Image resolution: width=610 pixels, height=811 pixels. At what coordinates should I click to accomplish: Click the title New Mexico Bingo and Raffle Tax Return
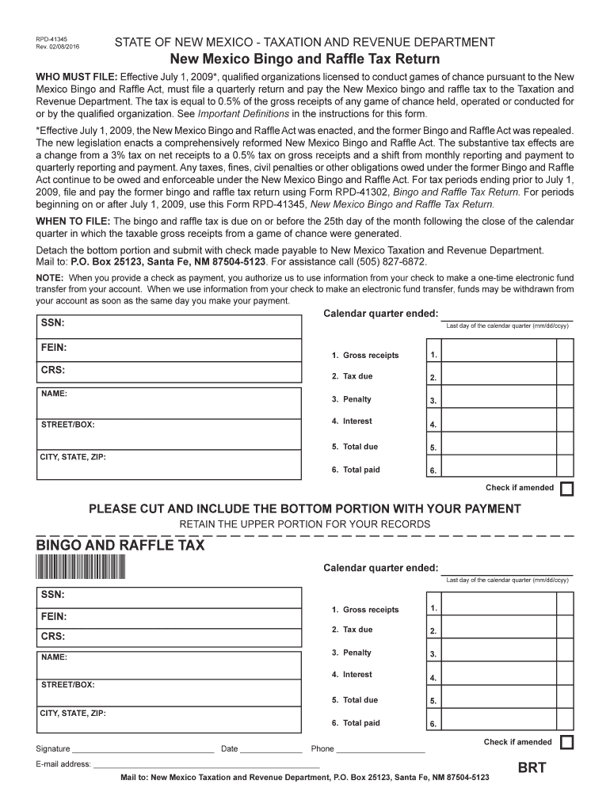point(305,59)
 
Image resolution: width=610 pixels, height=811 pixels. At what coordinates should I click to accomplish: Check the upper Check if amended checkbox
point(566,489)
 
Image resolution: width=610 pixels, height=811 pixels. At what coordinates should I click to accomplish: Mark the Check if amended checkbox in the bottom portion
point(566,743)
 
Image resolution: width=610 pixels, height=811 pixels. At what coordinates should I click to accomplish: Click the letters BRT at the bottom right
point(532,768)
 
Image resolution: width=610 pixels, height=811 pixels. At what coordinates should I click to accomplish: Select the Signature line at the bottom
point(143,748)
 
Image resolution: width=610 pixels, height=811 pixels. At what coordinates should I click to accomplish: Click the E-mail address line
point(206,765)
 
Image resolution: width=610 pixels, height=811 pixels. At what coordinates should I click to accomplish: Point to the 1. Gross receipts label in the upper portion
point(365,356)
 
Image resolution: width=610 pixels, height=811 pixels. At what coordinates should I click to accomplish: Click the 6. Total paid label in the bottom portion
point(356,723)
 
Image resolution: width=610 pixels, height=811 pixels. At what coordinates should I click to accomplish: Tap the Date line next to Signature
point(270,748)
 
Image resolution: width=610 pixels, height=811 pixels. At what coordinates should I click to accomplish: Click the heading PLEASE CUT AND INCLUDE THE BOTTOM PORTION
point(304,508)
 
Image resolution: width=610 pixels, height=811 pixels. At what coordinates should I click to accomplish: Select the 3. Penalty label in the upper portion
point(352,399)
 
